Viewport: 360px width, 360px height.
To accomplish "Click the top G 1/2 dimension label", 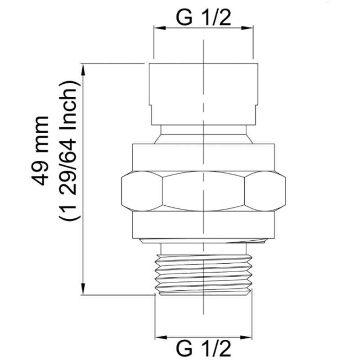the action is pyautogui.click(x=203, y=17).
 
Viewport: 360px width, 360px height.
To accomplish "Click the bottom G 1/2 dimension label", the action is pyautogui.click(x=203, y=349).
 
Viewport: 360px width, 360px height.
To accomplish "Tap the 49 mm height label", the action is pyautogui.click(x=40, y=151).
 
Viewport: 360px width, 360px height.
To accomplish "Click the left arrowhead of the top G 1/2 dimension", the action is pyautogui.click(x=160, y=28).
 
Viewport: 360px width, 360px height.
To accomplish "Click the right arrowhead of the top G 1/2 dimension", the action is pyautogui.click(x=247, y=28).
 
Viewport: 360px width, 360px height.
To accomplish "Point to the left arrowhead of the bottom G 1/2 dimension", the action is pyautogui.click(x=161, y=337).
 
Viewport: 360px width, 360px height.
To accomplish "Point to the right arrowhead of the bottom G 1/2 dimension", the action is pyautogui.click(x=246, y=337).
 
